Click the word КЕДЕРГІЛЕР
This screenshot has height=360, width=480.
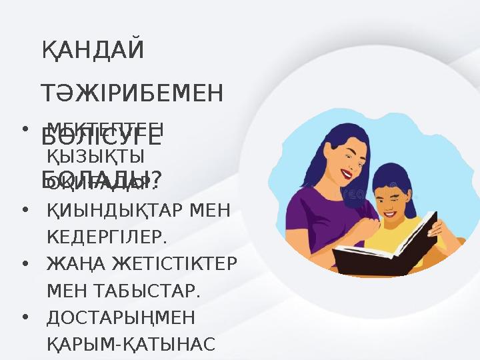pos(107,237)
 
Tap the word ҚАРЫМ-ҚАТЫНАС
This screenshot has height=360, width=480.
pos(131,343)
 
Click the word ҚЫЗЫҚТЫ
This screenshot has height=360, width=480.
pos(97,156)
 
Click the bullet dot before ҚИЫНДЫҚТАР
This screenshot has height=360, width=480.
pos(24,210)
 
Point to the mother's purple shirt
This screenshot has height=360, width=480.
pos(313,220)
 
